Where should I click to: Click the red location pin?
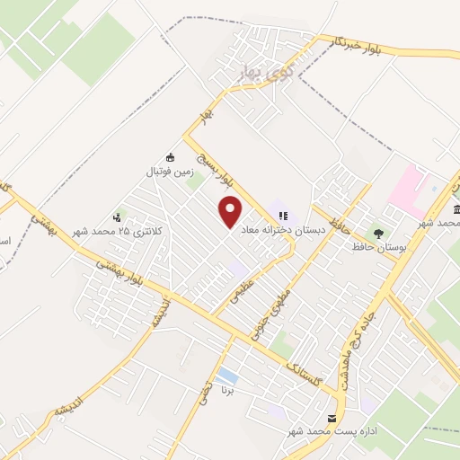tap(231, 212)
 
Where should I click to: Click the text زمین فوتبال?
tap(171, 170)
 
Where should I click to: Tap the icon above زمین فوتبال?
tap(171, 155)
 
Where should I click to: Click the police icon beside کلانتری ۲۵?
tap(117, 217)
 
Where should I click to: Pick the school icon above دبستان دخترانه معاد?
tap(284, 216)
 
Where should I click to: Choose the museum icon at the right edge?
tap(456, 209)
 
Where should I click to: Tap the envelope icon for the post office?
tap(332, 419)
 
